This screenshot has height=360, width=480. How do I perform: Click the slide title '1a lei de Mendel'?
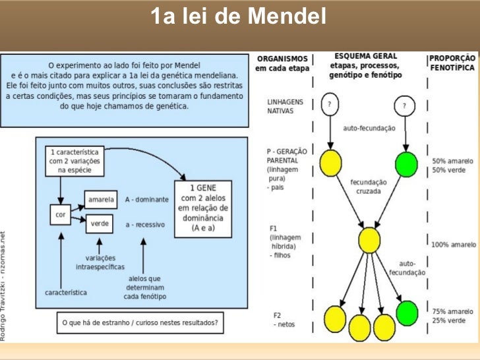click(x=238, y=16)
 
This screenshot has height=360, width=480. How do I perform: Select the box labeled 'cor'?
click(x=59, y=214)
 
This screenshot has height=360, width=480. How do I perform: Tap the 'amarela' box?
click(x=100, y=198)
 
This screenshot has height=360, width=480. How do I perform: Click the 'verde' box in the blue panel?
click(x=100, y=224)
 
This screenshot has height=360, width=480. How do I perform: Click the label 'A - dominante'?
click(x=146, y=199)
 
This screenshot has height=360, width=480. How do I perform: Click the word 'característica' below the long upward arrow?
click(x=67, y=291)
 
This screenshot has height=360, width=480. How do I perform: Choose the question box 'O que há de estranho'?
click(x=140, y=322)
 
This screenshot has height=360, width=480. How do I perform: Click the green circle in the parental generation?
click(x=407, y=162)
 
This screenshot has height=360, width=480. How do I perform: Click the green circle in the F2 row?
click(x=407, y=311)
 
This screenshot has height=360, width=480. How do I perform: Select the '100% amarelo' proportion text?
click(x=454, y=245)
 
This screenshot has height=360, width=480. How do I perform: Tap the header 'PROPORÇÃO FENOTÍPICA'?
click(x=452, y=62)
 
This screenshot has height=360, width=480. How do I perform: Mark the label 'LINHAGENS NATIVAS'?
click(x=285, y=107)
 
